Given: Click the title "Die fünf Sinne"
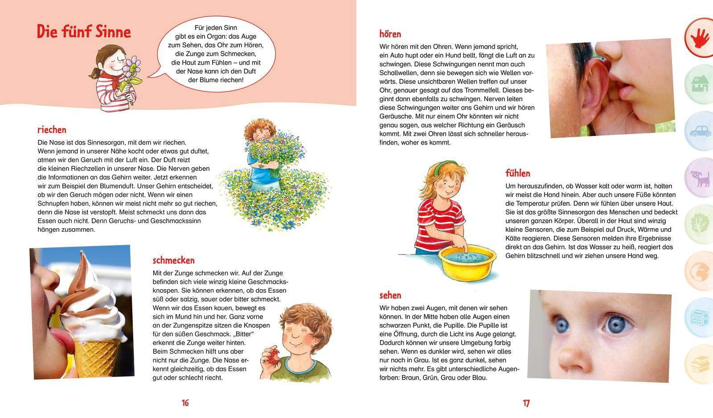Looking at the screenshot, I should (x=83, y=32).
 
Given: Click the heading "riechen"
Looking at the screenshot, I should (x=52, y=130).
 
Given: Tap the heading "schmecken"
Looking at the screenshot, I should (x=173, y=260).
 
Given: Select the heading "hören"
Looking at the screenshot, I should (x=390, y=34).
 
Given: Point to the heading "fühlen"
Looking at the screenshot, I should (x=517, y=173).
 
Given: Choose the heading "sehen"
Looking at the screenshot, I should (x=390, y=295).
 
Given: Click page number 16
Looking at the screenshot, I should (x=185, y=403).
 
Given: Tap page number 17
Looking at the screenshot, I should (x=526, y=403).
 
